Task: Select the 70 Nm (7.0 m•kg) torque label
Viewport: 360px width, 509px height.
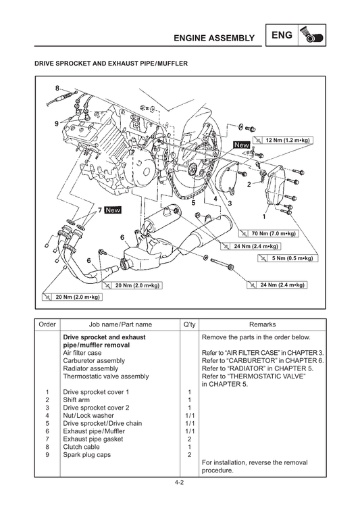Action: (268, 233)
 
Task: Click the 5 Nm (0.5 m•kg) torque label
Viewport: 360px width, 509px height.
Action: (288, 258)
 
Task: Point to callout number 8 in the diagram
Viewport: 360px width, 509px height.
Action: (57, 89)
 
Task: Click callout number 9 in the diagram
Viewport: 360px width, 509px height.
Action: (57, 123)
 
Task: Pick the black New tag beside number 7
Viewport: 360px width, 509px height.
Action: (113, 210)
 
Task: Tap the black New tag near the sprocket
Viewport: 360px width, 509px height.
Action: (242, 145)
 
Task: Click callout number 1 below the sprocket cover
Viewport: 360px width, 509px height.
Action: (264, 216)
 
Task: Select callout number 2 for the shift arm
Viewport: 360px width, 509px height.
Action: (249, 185)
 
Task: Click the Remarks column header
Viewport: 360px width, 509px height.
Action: (262, 324)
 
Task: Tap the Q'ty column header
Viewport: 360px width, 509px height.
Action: (189, 324)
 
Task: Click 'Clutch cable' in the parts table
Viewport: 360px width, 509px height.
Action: (82, 447)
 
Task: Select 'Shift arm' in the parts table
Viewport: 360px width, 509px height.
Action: (76, 400)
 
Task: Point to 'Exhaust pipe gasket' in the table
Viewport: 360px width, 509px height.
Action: (93, 439)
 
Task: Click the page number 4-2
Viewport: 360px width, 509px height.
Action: (180, 483)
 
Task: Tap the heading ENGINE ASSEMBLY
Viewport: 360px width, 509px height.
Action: (214, 39)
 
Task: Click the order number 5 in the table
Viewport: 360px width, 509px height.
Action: (47, 423)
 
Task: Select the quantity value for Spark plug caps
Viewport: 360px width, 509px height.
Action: (189, 454)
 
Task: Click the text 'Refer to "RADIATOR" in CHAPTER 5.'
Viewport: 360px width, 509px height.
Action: (257, 368)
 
